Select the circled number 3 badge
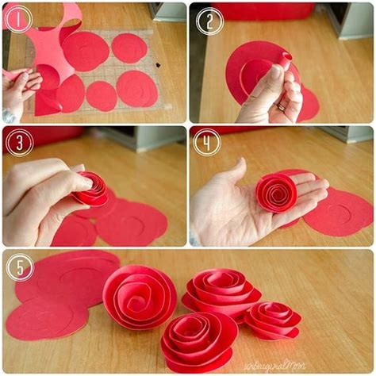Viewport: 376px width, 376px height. click(x=18, y=141)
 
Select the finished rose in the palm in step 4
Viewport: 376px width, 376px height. click(x=276, y=193)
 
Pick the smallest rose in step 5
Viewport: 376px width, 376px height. click(x=272, y=319)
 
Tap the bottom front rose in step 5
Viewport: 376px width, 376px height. click(x=198, y=340)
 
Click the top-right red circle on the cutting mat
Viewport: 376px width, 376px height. click(x=129, y=48)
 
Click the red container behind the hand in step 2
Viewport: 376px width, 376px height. click(x=262, y=11)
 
